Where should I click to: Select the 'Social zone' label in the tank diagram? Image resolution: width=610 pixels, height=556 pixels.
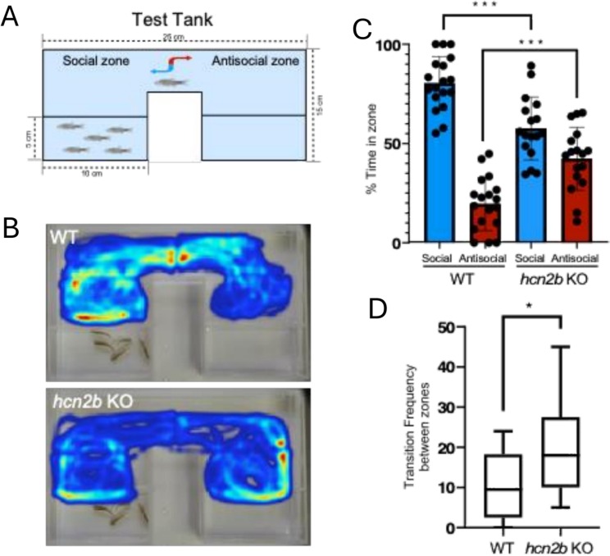pos(88,61)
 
